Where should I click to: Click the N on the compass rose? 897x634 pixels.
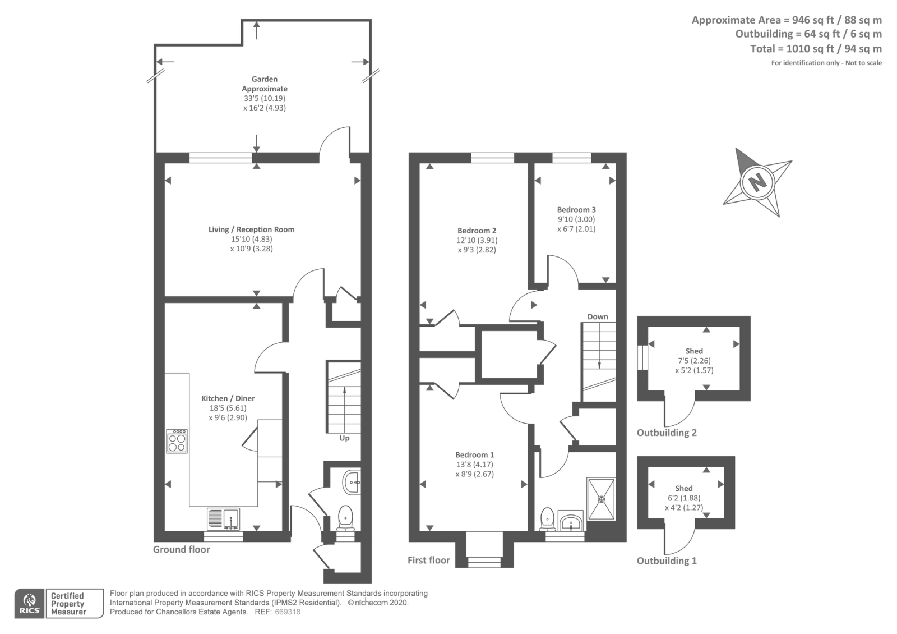point(757,182)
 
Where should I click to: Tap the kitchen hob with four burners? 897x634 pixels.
point(177,441)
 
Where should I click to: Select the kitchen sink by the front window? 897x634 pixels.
point(224,519)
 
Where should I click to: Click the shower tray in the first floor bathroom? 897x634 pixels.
point(600,499)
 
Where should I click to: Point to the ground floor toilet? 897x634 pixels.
point(345,518)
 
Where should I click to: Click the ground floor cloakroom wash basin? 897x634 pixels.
point(352,483)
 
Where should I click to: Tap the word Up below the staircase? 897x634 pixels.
point(344,438)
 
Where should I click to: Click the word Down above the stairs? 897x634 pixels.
point(598,316)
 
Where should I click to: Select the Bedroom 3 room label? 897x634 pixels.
point(576,210)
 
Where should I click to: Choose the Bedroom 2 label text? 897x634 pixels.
point(477,231)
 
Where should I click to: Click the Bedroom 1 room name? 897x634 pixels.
point(474,455)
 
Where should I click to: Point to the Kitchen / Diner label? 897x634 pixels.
point(228,398)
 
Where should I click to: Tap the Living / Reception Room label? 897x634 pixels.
point(252,229)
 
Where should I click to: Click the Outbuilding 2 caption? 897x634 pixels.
point(667,433)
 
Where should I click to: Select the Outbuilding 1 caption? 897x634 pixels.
point(667,561)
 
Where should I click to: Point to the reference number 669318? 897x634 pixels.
point(288,612)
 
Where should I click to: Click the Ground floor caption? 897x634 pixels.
point(182,549)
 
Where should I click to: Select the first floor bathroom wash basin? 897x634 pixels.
point(571,522)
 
